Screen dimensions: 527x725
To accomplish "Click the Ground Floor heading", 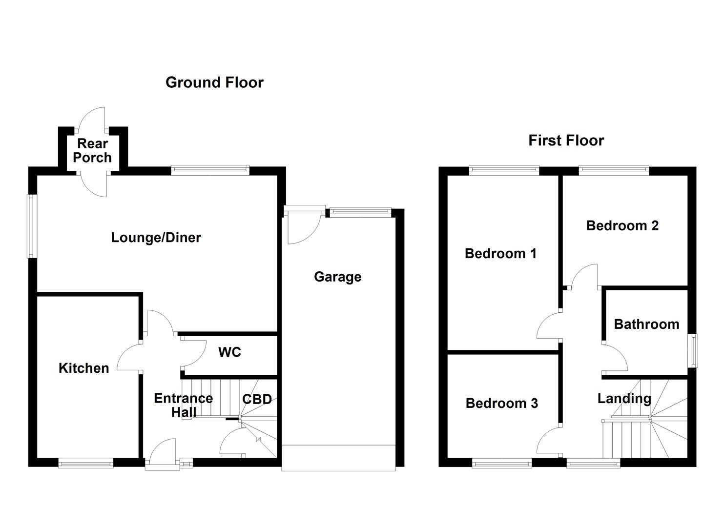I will click(x=214, y=82).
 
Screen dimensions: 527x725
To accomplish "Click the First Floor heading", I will click(x=566, y=141).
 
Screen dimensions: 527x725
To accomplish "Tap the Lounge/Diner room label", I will click(x=156, y=238).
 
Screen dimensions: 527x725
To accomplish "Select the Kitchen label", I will click(x=83, y=368).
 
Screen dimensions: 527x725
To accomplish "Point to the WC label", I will click(x=229, y=352).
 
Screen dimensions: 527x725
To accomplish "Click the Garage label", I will click(x=337, y=277).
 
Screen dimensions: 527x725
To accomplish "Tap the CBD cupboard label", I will click(x=257, y=399).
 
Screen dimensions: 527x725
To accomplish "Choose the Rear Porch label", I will click(x=92, y=150).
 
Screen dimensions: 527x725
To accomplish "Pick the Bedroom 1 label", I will click(x=500, y=253).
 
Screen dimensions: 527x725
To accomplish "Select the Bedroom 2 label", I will click(x=622, y=225).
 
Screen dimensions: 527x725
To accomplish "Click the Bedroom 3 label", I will click(x=501, y=403).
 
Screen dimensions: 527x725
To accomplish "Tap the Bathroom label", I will click(x=646, y=324).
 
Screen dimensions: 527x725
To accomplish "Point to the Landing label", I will click(x=624, y=398).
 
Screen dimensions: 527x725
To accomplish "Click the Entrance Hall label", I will click(x=183, y=405).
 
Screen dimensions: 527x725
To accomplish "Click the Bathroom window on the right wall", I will click(x=693, y=350).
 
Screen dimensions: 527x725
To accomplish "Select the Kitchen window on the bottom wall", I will click(x=86, y=463).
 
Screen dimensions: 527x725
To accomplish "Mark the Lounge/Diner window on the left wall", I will click(x=32, y=226).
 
